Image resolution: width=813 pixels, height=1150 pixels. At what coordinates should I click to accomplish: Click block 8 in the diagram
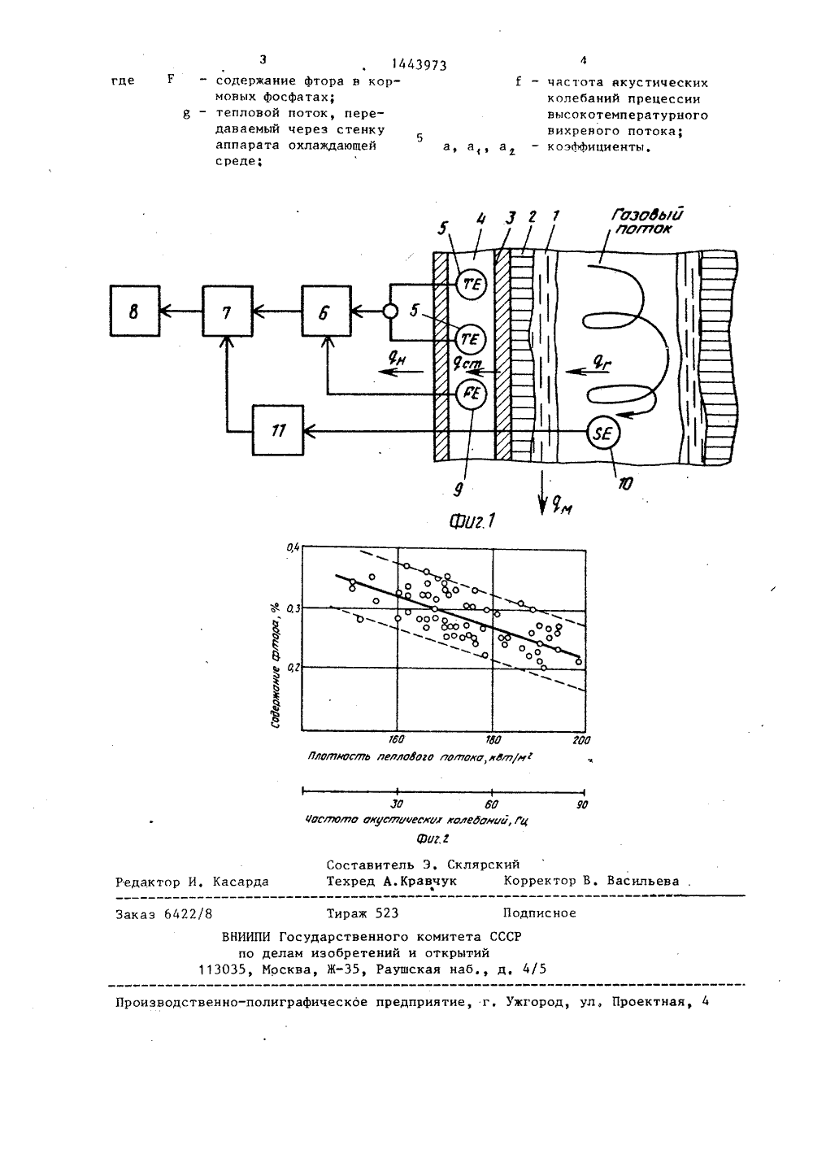pos(134,311)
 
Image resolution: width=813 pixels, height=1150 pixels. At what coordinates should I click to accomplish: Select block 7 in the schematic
pos(228,311)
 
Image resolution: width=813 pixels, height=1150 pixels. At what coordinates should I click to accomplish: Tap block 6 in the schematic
pos(326,311)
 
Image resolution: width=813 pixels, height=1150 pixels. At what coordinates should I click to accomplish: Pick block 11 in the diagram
pos(278,430)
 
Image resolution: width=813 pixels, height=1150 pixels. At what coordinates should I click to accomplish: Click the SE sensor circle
pos(603,433)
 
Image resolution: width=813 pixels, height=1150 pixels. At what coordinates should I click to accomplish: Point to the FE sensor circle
pos(472,394)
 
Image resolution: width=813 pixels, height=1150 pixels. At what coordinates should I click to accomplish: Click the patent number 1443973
pos(419,65)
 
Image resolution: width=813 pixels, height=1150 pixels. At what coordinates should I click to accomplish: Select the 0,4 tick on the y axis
pos(293,548)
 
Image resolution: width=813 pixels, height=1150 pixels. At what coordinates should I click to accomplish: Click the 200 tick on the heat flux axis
pos(581,740)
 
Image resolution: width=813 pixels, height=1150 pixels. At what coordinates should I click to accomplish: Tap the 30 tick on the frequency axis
pos(396,804)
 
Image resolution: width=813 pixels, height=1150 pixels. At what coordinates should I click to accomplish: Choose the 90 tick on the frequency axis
pos(581,804)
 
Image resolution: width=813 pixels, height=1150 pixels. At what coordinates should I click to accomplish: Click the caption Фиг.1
pos(472,521)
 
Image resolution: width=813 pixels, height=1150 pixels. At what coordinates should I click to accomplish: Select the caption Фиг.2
pos(433,839)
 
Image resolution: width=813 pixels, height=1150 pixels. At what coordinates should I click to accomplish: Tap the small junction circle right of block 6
pos(390,311)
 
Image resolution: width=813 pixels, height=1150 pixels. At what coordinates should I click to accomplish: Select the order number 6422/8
pos(188,914)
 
